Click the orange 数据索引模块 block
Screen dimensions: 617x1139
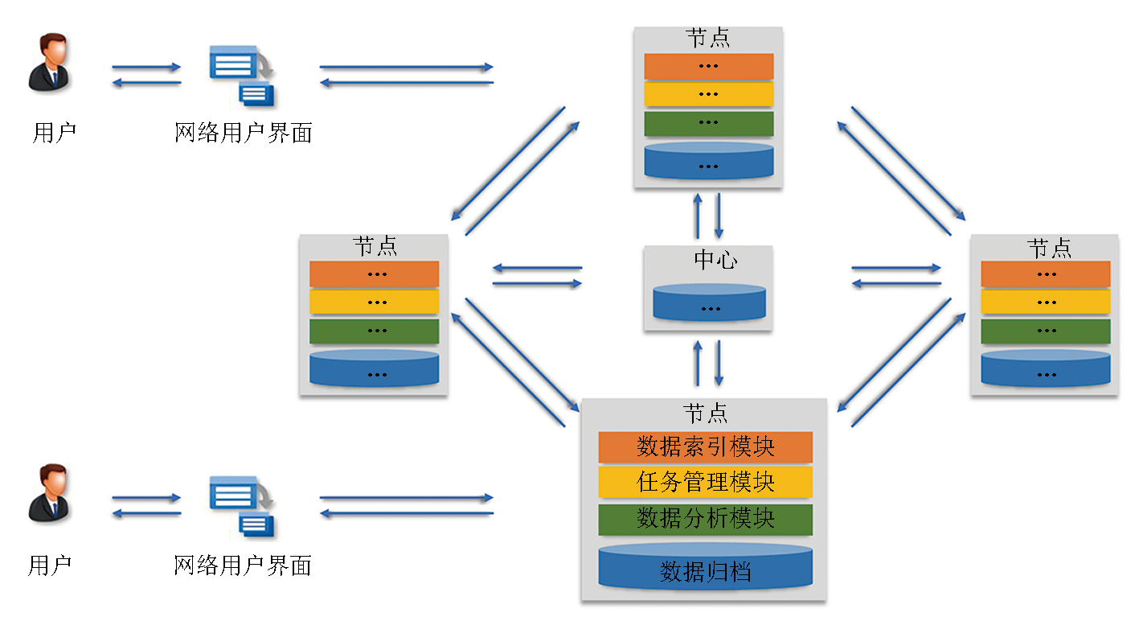point(705,446)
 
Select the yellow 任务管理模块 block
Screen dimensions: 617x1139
point(705,483)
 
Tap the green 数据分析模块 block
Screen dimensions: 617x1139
point(705,519)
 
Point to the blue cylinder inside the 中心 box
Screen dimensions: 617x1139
point(709,303)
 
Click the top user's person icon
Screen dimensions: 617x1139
point(49,62)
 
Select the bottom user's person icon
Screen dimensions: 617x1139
point(49,492)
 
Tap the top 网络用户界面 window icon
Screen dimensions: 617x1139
point(242,76)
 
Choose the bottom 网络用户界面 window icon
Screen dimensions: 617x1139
point(242,506)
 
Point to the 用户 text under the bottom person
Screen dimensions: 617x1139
point(50,566)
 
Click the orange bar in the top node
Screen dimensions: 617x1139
point(708,66)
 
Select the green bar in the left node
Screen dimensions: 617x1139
point(374,331)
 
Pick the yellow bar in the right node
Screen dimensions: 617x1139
point(1045,302)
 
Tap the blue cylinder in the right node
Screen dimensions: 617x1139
point(1045,367)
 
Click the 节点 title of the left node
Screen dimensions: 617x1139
point(375,246)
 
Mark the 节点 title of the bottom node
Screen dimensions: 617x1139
point(706,414)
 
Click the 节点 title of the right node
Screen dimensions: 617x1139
point(1049,248)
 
